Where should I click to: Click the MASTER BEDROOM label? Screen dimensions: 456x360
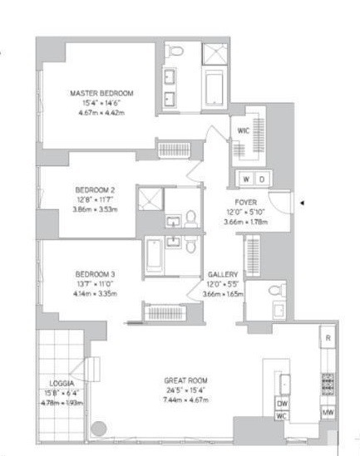click(x=101, y=93)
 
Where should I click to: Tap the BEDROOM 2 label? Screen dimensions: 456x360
click(x=96, y=189)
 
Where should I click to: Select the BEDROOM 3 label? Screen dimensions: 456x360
click(x=96, y=274)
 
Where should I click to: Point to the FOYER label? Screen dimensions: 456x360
click(x=246, y=202)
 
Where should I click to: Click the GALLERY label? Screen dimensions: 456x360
click(x=223, y=274)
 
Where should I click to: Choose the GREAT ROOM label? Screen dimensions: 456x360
click(x=185, y=381)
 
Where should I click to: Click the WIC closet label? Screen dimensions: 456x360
click(x=244, y=130)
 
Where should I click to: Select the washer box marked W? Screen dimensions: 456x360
click(x=247, y=179)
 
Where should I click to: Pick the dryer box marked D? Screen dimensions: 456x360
click(x=262, y=179)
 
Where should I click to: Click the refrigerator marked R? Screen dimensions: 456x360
click(x=328, y=338)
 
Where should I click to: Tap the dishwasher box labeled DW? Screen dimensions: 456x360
click(x=282, y=404)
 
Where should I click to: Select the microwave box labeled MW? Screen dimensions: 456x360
click(x=328, y=413)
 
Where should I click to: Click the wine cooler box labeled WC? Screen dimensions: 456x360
click(x=282, y=415)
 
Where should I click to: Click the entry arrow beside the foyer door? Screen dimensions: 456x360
click(x=303, y=202)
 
